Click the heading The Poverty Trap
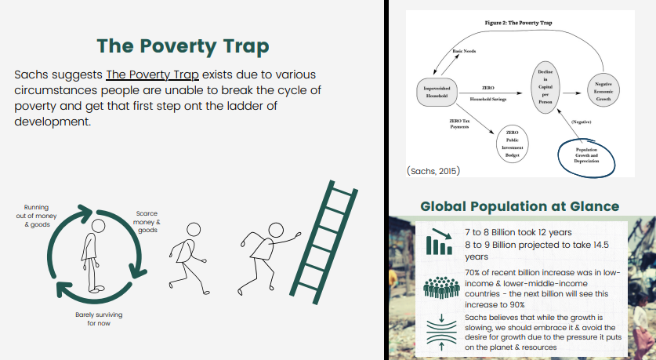183,46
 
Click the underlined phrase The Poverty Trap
153,75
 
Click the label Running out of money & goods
36,216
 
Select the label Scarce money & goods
147,221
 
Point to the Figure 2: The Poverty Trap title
519,24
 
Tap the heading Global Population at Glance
520,207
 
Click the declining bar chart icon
438,242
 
